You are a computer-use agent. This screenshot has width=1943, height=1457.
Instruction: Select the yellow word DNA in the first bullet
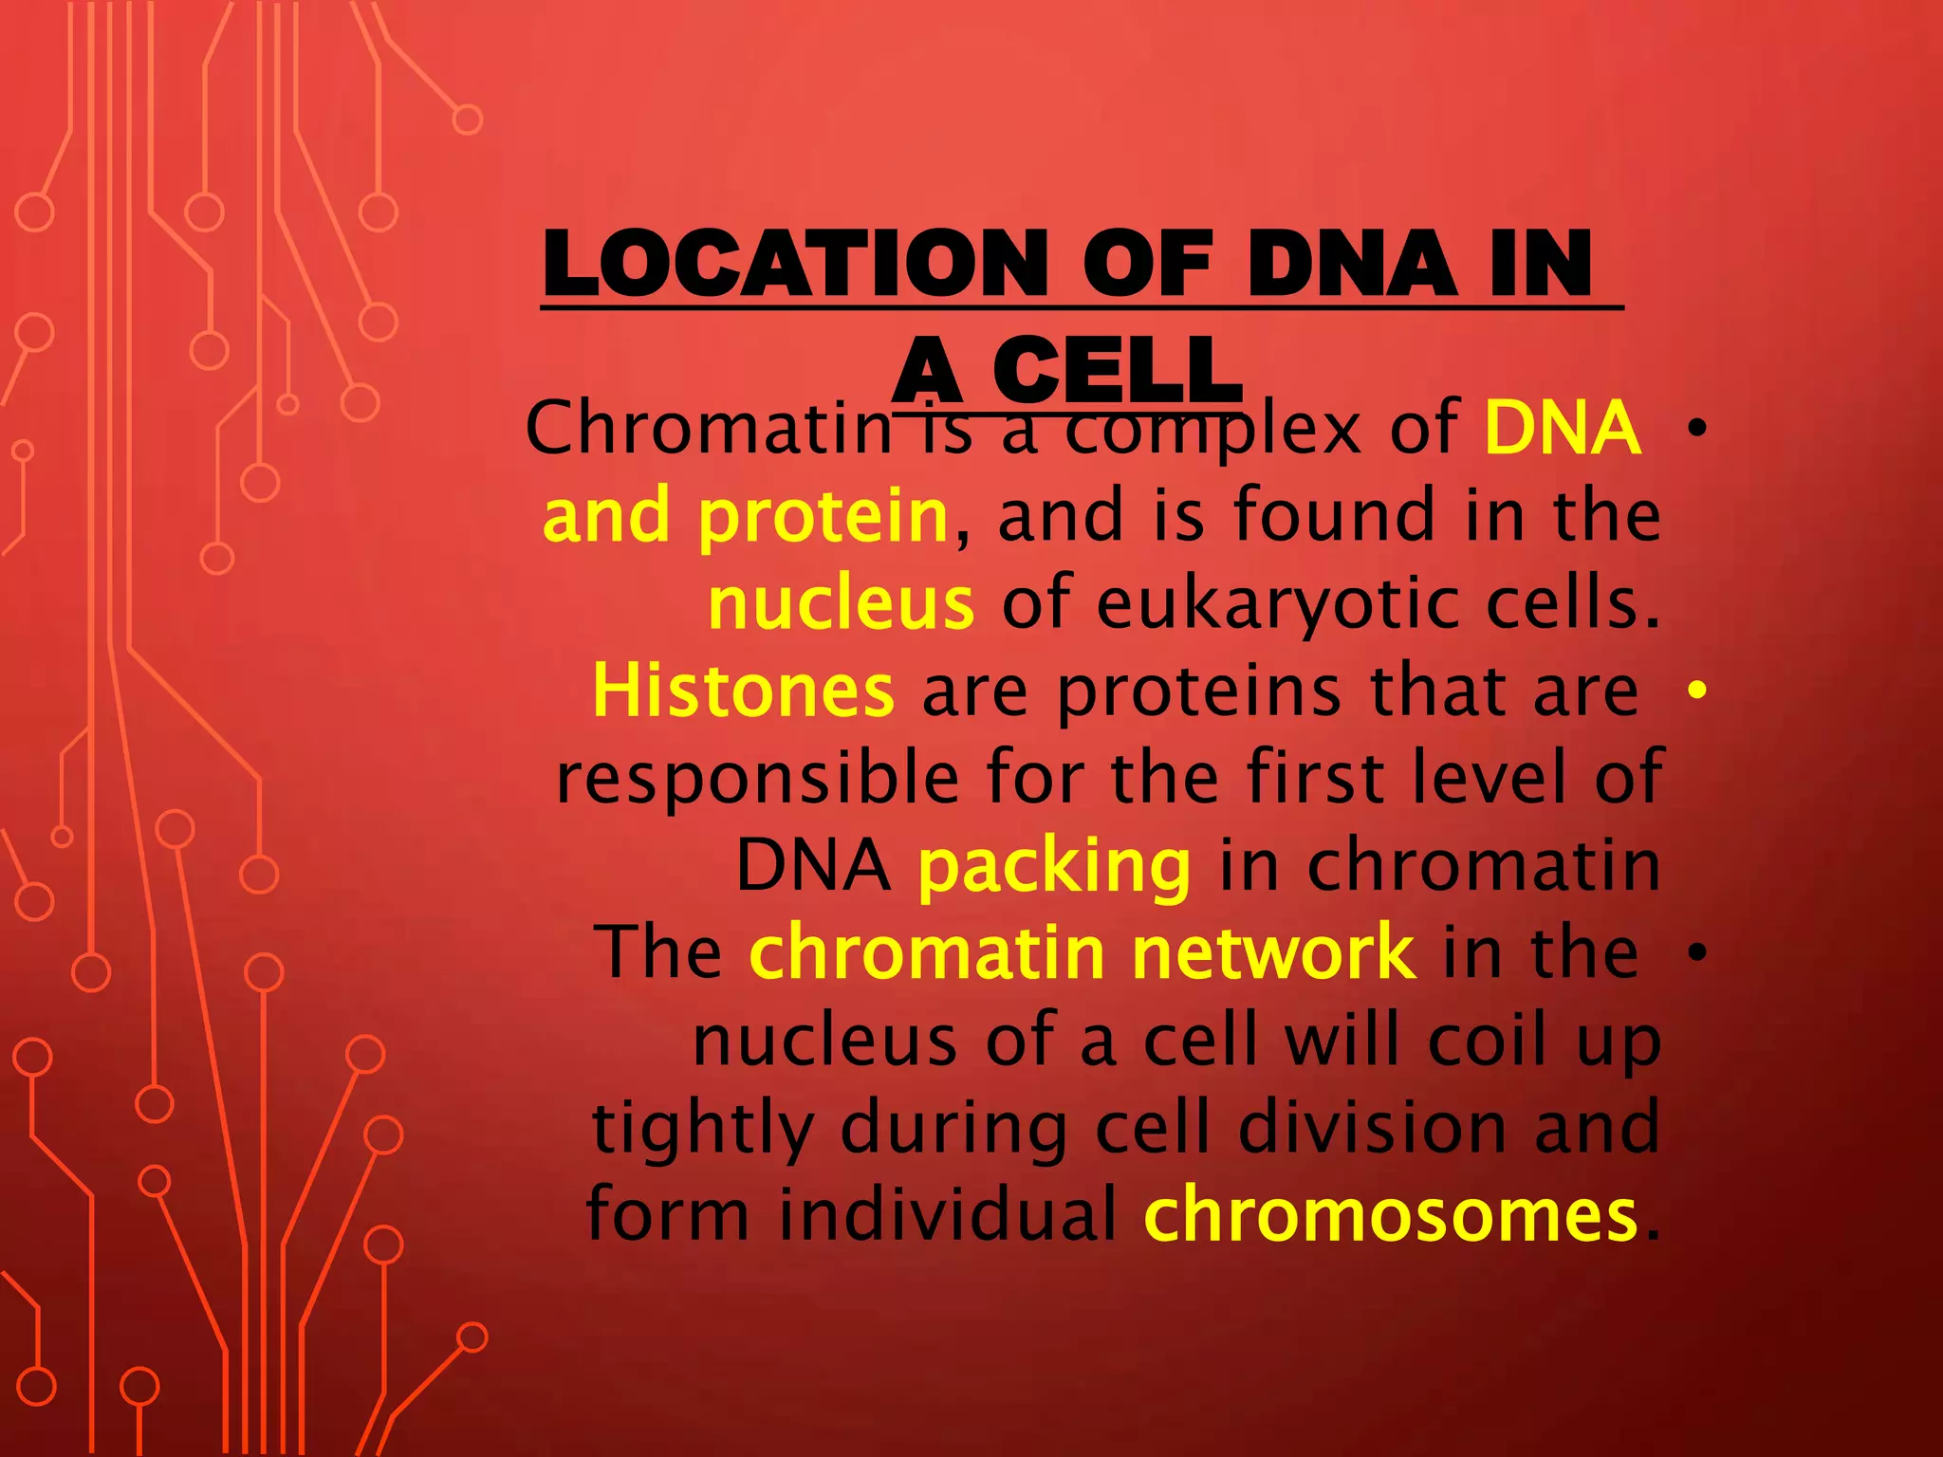point(1562,429)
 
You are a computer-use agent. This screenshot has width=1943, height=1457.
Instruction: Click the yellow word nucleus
point(841,604)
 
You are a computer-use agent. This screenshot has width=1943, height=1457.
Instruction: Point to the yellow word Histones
point(742,692)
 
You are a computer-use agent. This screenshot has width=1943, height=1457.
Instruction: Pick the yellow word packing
point(1053,867)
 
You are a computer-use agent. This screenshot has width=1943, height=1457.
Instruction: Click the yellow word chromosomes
point(1391,1216)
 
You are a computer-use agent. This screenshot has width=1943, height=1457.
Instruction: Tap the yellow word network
point(1273,953)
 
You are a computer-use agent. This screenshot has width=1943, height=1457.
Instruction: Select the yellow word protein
point(823,517)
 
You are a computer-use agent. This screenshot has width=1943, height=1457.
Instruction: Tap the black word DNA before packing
point(813,867)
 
